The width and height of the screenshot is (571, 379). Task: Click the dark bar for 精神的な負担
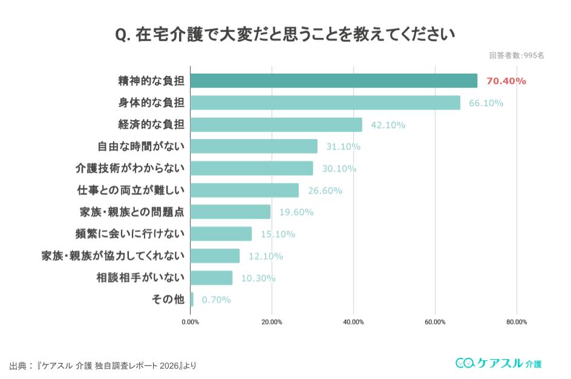(x=334, y=80)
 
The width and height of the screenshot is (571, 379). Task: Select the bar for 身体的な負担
(x=325, y=103)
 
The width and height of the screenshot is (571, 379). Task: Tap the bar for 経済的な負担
(x=276, y=125)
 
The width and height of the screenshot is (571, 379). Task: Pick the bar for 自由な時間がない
(x=254, y=146)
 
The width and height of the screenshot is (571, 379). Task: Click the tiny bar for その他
(x=192, y=299)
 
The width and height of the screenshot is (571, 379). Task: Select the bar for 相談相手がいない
(x=212, y=277)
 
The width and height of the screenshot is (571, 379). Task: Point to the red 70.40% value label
(x=506, y=81)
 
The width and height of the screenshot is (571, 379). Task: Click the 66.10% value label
(x=486, y=103)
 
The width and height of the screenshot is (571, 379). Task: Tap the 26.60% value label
(x=325, y=190)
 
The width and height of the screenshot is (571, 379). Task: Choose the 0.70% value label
(x=216, y=299)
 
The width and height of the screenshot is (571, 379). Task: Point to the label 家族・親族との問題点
(x=132, y=212)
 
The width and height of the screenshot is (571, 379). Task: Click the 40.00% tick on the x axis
(x=353, y=322)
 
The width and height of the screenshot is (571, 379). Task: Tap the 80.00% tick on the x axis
(x=517, y=322)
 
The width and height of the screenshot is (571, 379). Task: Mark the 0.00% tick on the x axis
(x=191, y=322)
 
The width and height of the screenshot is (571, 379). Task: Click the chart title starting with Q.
(x=285, y=34)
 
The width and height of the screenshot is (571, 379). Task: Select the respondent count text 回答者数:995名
(x=517, y=55)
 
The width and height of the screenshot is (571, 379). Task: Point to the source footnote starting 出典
(x=103, y=366)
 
